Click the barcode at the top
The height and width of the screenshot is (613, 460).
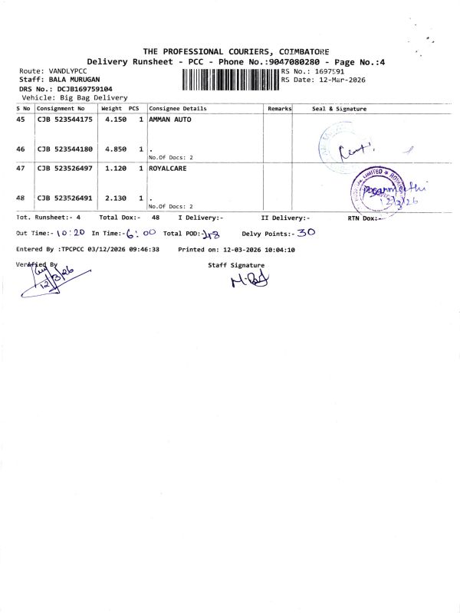tap(231, 80)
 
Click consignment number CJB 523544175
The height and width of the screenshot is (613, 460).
tap(65, 120)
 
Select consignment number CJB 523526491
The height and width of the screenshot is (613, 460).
tap(65, 198)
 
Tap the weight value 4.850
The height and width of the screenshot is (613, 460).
tap(115, 149)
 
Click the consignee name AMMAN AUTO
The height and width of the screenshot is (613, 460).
tap(170, 120)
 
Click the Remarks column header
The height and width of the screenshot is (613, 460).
tap(279, 109)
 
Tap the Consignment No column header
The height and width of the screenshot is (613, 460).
tap(61, 109)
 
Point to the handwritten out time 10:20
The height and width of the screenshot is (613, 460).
tap(71, 233)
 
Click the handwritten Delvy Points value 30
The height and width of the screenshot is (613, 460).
tap(306, 231)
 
